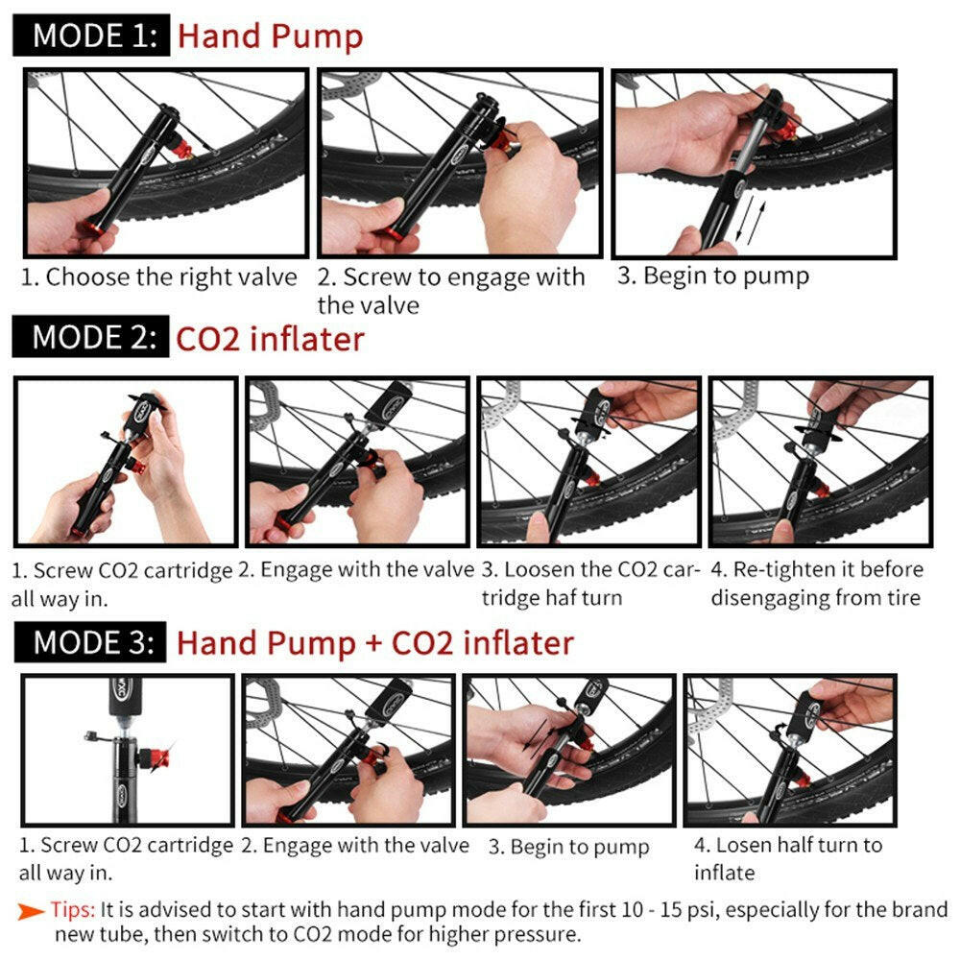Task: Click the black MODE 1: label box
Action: (91, 36)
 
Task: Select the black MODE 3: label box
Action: (91, 642)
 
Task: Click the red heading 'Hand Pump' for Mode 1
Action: (271, 36)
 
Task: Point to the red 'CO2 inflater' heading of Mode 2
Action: (270, 339)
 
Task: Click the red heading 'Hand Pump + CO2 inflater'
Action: (374, 642)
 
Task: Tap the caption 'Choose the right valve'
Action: (159, 278)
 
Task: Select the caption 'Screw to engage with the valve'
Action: (451, 291)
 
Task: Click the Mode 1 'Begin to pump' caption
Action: (712, 276)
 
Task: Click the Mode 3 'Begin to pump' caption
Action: (568, 847)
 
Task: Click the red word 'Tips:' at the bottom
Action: (73, 909)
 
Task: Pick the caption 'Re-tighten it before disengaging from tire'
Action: (816, 584)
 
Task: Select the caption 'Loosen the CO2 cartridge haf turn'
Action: (589, 584)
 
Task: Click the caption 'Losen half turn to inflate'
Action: (787, 858)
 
